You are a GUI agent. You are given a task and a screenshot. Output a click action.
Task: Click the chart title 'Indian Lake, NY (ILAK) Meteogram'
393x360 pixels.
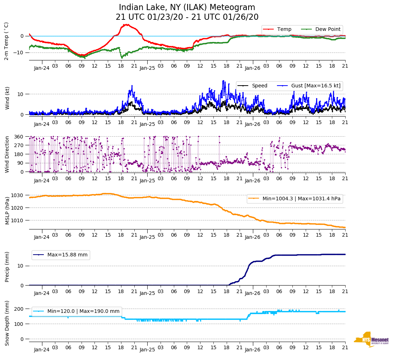(x=187, y=8)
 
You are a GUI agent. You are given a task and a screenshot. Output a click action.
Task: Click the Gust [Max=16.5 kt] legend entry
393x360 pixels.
(x=321, y=86)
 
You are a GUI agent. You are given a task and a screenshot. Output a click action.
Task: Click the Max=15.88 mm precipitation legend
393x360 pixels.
(x=67, y=255)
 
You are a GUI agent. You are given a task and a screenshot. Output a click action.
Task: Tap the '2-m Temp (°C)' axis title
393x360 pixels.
(x=6, y=41)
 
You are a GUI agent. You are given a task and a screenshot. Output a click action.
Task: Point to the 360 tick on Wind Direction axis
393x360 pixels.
(x=19, y=137)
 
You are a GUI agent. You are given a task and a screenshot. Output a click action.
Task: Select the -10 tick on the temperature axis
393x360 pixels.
(x=19, y=53)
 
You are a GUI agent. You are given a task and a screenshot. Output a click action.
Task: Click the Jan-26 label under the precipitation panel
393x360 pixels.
(x=253, y=293)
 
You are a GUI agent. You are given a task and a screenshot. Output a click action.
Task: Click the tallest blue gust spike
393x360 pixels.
(x=223, y=81)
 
